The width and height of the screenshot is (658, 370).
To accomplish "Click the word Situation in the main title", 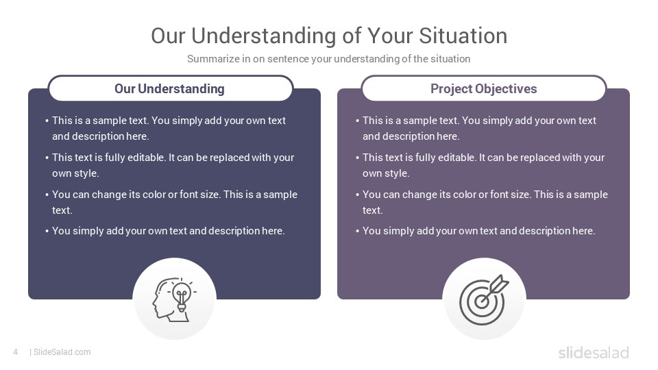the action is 463,36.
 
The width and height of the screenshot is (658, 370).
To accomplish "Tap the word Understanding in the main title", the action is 264,36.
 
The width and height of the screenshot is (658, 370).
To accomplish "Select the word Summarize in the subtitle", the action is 213,59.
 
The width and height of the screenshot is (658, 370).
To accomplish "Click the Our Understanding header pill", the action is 171,88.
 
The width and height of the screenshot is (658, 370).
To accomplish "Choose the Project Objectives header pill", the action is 484,88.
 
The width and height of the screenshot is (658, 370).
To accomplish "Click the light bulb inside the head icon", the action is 182,295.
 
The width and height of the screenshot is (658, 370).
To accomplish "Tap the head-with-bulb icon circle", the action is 175,299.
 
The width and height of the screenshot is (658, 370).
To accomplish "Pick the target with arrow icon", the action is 484,299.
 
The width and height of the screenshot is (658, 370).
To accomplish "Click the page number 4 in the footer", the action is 16,352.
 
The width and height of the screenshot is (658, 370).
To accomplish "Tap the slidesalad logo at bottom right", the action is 594,352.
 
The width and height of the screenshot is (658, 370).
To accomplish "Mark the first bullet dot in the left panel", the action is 47,121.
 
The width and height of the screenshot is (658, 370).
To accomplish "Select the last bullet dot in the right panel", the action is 358,231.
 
